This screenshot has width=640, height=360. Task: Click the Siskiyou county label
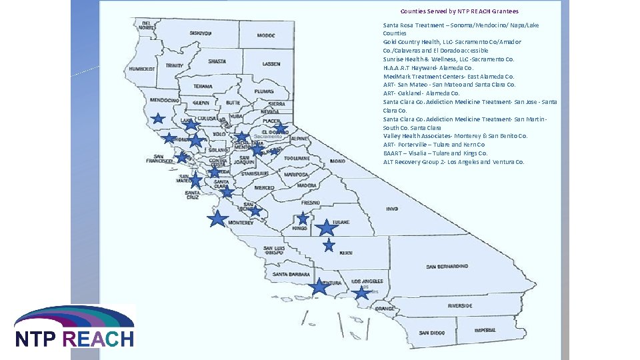pos(200,33)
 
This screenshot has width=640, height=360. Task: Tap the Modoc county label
pos(266,36)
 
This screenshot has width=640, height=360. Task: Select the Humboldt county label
pos(142,69)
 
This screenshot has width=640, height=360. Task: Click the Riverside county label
pos(459,305)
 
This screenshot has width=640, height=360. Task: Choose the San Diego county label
pos(431,333)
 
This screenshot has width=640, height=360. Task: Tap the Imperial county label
pos(485,330)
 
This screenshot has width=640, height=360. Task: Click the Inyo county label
pos(391,208)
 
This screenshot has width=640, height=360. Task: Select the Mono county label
pos(337,161)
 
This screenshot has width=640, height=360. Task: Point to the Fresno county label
pos(310,202)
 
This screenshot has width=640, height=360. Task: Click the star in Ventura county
pos(319,287)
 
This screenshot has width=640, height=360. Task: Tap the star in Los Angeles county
pos(361,293)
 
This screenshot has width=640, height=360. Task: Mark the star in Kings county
pos(303,219)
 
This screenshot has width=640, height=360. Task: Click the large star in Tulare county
pos(326,228)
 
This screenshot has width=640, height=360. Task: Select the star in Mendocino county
pos(158,119)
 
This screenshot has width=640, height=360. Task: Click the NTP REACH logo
pos(75,328)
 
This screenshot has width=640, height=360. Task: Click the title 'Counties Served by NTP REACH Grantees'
pos(459,11)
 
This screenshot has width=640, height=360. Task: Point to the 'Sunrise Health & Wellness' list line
pos(449,59)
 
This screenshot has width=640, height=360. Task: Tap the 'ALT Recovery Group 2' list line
pos(453,162)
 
